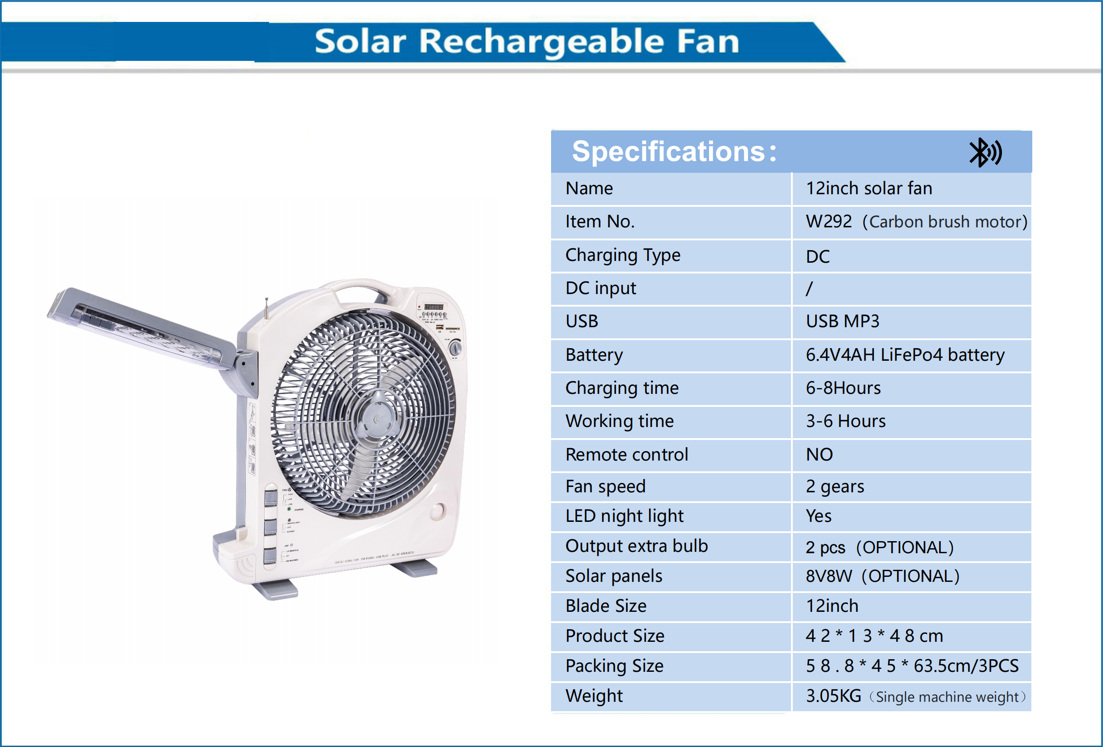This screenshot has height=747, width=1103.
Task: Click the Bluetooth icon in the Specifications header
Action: pyautogui.click(x=984, y=152)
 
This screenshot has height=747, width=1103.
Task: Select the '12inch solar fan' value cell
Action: pyautogui.click(x=868, y=188)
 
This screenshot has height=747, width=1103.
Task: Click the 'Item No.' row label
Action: pyautogui.click(x=599, y=222)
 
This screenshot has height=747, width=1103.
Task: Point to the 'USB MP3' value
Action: pyautogui.click(x=842, y=321)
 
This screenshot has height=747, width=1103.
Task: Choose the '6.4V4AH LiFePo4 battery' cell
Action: pyautogui.click(x=905, y=355)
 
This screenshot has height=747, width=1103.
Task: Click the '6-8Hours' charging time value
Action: pyautogui.click(x=843, y=388)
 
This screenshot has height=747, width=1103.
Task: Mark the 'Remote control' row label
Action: pyautogui.click(x=627, y=455)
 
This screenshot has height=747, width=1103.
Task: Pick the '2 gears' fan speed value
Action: pyautogui.click(x=835, y=487)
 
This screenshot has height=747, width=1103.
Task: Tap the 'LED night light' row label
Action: pyautogui.click(x=624, y=516)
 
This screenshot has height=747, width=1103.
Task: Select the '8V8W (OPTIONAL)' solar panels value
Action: pyautogui.click(x=882, y=576)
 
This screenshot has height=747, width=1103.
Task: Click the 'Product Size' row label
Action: pyautogui.click(x=615, y=636)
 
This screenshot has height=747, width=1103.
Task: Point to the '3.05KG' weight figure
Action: pyautogui.click(x=834, y=696)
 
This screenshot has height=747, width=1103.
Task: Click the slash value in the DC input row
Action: pyautogui.click(x=809, y=289)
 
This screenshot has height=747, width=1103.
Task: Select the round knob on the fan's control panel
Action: pyautogui.click(x=455, y=348)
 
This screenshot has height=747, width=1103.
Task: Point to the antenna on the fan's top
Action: pyautogui.click(x=267, y=308)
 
